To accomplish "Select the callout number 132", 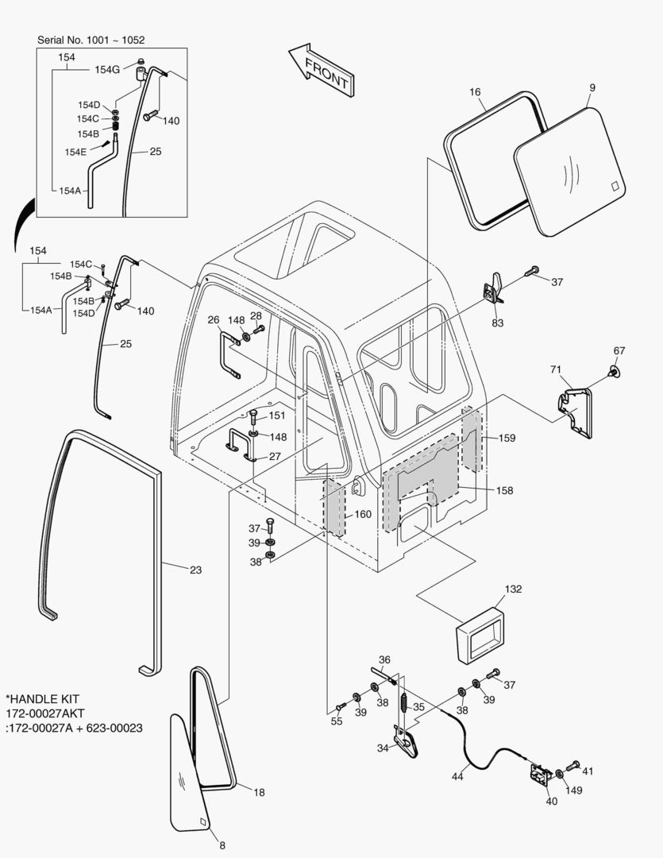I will point(514,589).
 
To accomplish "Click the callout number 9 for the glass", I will point(592,87).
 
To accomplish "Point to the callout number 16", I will point(475,92).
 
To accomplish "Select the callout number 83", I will point(498,323).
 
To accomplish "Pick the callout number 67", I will point(619,350).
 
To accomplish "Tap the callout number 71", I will point(556,369).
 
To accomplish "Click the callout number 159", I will point(507,438).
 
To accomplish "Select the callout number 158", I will point(505,490).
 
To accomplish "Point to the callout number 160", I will point(362,514).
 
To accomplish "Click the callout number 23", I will point(195,569).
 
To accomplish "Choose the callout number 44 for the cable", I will point(457,777).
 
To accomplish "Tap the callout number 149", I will point(573,790).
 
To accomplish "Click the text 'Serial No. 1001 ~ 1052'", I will point(91,39).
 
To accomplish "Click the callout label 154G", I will point(107,70).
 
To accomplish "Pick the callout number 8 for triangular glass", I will point(222,844).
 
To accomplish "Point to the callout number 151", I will point(276,415).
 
